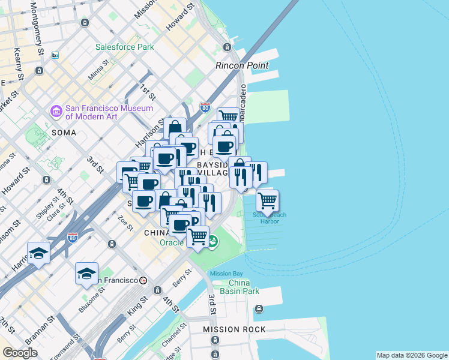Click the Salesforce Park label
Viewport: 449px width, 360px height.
[125, 47]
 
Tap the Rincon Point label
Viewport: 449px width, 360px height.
[242, 65]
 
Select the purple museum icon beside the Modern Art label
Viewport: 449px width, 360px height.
[56, 112]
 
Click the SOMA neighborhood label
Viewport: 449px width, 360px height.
[64, 132]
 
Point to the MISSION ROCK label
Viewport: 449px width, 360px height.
[229, 329]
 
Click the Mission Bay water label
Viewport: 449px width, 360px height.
[226, 274]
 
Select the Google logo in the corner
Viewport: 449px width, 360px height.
[20, 353]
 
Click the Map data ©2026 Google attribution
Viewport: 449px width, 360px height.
[412, 355]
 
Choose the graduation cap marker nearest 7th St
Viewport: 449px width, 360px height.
[38, 253]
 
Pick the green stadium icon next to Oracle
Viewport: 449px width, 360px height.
[212, 242]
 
